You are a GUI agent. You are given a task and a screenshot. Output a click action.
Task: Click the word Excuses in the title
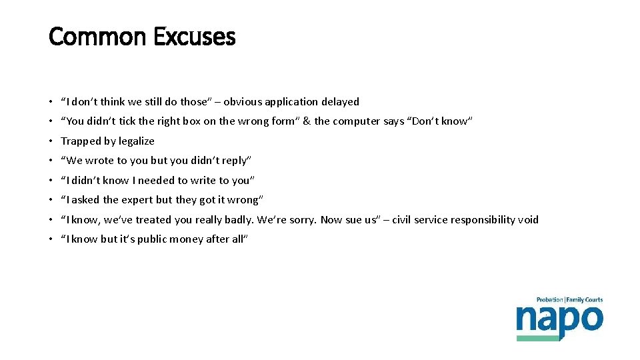[x=194, y=37]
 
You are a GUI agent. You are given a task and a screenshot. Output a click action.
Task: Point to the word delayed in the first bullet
[x=340, y=102]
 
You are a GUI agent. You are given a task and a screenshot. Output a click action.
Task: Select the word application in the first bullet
[x=291, y=102]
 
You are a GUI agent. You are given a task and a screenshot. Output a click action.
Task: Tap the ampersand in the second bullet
[x=307, y=121]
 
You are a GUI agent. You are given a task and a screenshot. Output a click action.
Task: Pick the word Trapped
[x=79, y=141]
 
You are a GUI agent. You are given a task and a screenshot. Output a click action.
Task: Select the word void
[x=527, y=219]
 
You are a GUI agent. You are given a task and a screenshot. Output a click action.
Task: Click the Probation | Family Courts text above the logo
[x=569, y=300]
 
